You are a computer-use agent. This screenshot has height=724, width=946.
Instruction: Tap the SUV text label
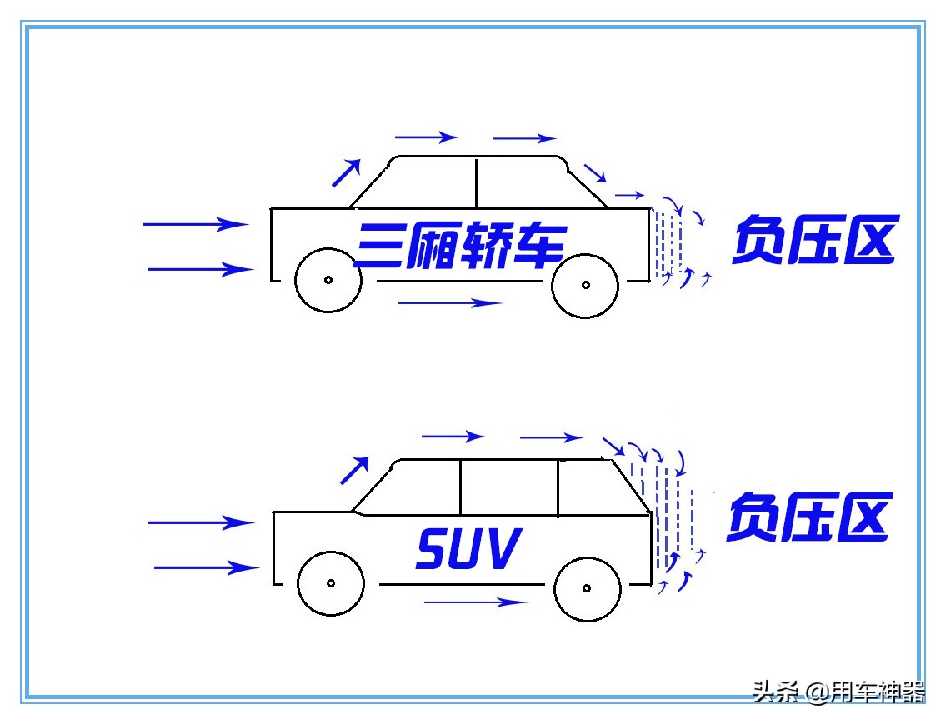coord(468,549)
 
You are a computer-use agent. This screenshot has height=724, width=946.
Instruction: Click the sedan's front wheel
coord(328,280)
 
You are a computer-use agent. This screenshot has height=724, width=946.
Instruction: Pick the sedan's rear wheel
coord(585,284)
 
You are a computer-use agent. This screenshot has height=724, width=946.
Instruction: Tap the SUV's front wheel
coord(331,582)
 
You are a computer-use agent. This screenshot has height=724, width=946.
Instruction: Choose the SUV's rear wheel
coord(587,587)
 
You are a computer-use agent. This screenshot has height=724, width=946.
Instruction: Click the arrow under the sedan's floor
coord(450,303)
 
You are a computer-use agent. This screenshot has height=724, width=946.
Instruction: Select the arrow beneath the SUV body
coord(476,602)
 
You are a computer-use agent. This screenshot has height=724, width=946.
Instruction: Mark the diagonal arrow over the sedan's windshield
coord(347,172)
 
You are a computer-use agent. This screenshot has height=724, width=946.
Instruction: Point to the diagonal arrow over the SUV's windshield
coord(354,471)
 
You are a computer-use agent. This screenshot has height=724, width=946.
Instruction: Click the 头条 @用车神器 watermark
coord(838,692)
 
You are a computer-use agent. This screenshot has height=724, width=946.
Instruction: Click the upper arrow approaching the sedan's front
coord(196,223)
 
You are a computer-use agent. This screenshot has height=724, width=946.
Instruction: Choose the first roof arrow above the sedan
coord(426,137)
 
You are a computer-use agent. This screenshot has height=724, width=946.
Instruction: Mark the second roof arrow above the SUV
coord(551,437)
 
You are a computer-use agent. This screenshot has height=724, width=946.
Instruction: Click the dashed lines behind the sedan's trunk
coord(668,243)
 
